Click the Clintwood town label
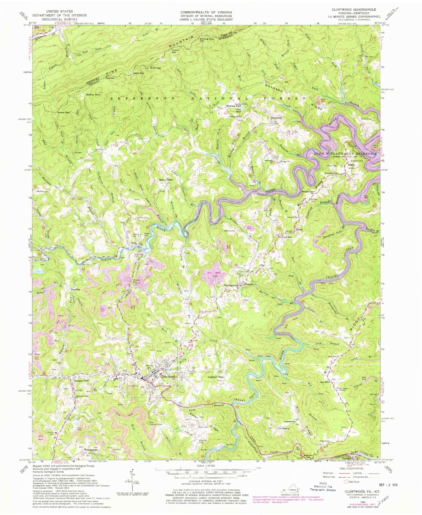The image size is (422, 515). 168,377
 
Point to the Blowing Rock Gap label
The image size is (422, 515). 207,40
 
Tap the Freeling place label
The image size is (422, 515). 75,289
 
